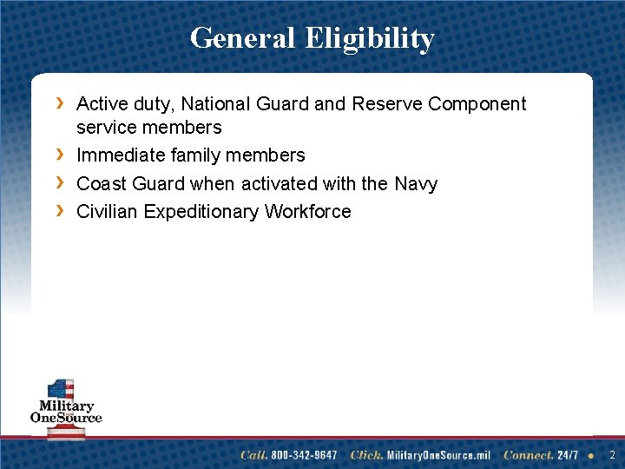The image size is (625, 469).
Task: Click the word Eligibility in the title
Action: (370, 39)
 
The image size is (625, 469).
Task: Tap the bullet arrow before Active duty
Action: (60, 104)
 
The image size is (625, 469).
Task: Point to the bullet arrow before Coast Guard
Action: (60, 183)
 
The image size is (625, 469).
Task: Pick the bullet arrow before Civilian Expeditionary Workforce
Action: (60, 211)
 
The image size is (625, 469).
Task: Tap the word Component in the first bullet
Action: (477, 105)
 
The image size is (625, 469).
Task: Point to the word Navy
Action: (416, 184)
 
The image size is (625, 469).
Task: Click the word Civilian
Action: (108, 211)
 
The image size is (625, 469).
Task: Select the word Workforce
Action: (308, 211)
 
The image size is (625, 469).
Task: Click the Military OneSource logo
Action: (66, 409)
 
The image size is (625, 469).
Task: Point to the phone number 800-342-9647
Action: (303, 455)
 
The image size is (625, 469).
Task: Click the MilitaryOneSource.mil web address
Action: (438, 455)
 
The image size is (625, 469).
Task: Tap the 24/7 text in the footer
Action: (568, 455)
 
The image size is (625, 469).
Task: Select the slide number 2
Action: (612, 455)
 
